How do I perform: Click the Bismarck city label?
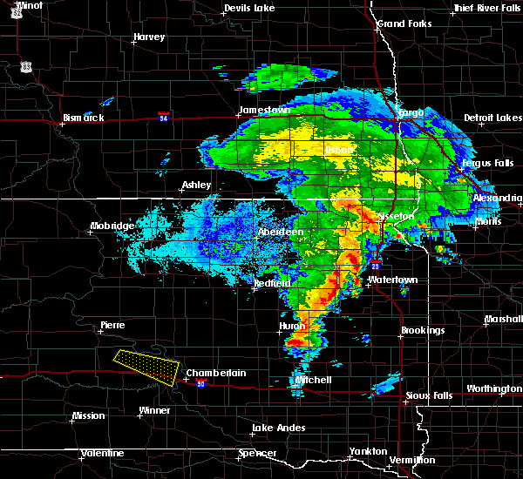coord(84,118)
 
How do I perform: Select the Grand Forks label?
coord(404,23)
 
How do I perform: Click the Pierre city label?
coord(112,325)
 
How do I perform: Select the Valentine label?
coord(102,453)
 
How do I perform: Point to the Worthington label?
coord(494,388)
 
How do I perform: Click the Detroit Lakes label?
coord(493,118)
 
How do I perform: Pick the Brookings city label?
coord(423,331)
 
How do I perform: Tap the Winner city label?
coord(155,410)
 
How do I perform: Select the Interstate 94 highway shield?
coord(163,116)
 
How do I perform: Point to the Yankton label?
coord(368,451)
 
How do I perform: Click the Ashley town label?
coord(195,186)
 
